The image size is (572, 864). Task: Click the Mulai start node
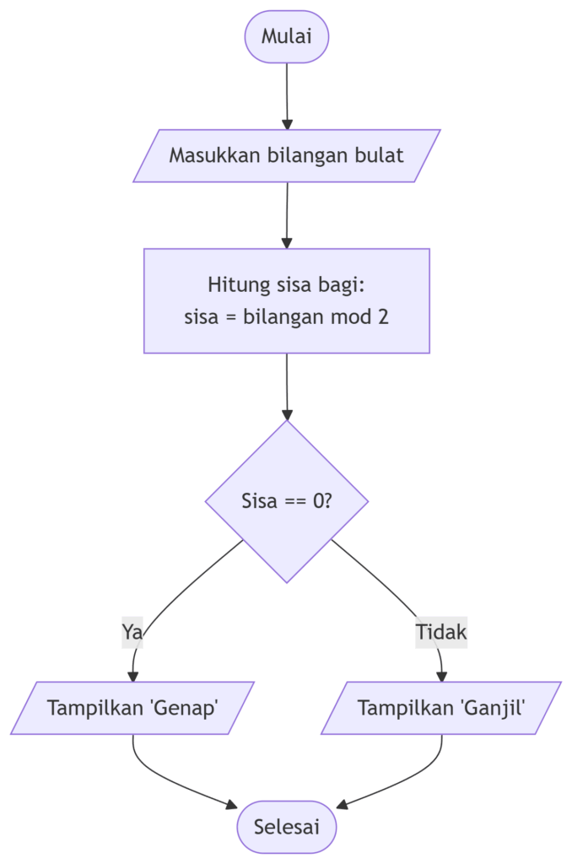pos(287,36)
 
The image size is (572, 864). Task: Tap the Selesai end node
pos(287,827)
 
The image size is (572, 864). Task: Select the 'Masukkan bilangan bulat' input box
pos(287,156)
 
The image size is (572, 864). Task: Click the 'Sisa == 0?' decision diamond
pos(287,501)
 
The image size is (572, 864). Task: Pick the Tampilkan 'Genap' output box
pos(132,708)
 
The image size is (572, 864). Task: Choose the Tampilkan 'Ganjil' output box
pos(441,708)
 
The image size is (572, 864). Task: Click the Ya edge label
pos(132,632)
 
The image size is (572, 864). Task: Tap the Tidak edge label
pos(441,632)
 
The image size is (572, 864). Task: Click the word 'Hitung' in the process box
pos(239,285)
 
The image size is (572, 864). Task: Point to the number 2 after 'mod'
pos(383,317)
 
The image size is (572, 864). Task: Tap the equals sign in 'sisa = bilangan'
pos(231,317)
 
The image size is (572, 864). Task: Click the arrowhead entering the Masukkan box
pos(287,124)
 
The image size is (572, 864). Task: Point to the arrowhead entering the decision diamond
pos(287,414)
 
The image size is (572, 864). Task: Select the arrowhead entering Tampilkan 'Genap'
pos(132,676)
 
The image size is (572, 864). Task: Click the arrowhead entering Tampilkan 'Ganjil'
pos(441,676)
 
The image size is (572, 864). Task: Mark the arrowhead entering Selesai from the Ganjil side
pos(343,805)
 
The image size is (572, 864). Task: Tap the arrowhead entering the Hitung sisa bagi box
pos(287,243)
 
